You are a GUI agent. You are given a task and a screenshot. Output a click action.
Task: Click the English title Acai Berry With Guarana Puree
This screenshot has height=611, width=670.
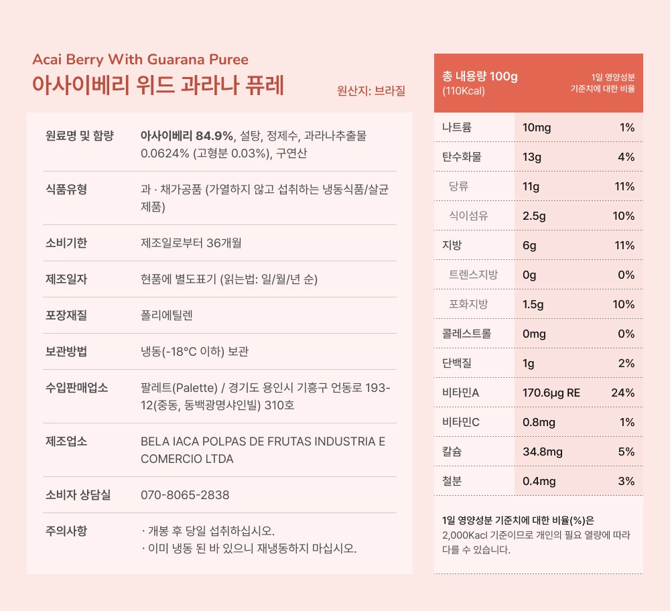pos(140,60)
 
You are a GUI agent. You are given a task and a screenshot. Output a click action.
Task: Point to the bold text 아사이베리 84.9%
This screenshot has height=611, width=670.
pos(187,136)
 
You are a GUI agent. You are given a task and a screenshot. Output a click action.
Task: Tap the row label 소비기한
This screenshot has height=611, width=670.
pos(66,243)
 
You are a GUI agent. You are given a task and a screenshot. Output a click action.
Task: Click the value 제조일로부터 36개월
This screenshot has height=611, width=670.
pos(196,243)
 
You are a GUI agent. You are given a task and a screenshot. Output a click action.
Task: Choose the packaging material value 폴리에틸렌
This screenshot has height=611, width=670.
pos(167,315)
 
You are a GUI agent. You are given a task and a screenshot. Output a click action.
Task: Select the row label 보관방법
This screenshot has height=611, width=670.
pos(66,351)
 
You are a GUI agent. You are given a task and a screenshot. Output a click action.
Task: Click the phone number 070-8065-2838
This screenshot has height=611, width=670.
pos(185,495)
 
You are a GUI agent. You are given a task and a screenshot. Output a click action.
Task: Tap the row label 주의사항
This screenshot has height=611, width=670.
pos(66,531)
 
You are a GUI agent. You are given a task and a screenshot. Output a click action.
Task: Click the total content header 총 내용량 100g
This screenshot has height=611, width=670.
pos(480,76)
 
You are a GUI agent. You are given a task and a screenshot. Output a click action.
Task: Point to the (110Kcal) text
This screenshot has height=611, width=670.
pos(464,90)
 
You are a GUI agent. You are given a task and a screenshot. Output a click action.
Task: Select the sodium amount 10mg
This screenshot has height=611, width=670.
pos(537,127)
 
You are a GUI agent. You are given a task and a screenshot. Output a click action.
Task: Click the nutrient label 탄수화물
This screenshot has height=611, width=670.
pos(462,157)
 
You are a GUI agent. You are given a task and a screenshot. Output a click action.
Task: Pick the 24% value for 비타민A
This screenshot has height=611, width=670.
pos(622,393)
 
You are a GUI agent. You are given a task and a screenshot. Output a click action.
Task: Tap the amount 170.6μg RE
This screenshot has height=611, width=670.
pos(551,393)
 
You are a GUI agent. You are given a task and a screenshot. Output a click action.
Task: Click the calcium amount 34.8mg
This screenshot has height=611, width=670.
pos(542,452)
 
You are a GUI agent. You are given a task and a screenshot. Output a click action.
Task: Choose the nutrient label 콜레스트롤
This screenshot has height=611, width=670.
pos(467,334)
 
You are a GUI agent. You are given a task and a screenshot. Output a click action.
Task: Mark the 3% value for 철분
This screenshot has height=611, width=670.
pos(626,481)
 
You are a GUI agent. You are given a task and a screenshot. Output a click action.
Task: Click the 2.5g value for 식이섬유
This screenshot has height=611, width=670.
pos(534,216)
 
